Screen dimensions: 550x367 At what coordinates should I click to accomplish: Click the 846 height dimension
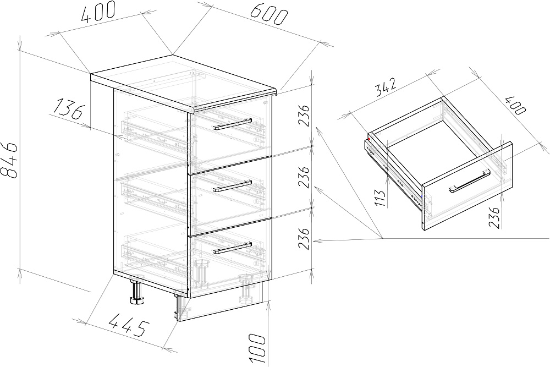tap(9, 160)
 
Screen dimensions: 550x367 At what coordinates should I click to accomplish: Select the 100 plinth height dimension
tap(256, 348)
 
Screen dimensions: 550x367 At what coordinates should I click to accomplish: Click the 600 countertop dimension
tap(269, 15)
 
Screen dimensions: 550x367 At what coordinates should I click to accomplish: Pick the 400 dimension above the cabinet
tap(98, 12)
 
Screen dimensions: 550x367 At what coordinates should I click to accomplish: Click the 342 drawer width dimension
tap(386, 87)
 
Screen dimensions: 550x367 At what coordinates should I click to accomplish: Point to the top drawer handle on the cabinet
tap(232, 123)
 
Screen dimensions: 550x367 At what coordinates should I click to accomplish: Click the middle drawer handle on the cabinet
tap(233, 186)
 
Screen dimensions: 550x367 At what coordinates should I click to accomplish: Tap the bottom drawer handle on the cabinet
tap(233, 248)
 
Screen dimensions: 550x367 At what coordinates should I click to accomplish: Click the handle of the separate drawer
tap(469, 181)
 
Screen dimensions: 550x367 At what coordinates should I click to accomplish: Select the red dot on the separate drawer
tap(370, 139)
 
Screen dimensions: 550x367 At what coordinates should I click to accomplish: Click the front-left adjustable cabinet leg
tap(136, 291)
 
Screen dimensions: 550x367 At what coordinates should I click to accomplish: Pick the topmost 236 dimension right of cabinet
tap(304, 115)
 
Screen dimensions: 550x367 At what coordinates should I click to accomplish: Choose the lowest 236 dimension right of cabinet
tap(304, 238)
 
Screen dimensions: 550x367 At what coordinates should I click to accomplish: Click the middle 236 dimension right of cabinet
tap(304, 177)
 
